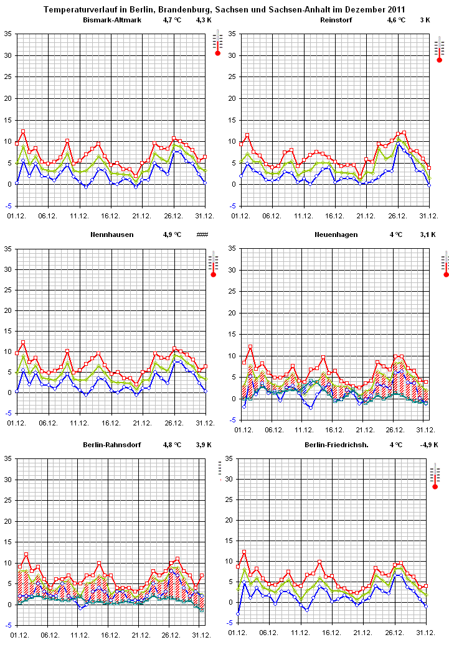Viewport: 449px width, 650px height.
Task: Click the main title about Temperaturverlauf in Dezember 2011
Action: pyautogui.click(x=225, y=10)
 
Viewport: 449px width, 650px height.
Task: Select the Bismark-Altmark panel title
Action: pyautogui.click(x=112, y=21)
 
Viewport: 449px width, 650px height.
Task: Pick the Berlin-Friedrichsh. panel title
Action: pyautogui.click(x=336, y=445)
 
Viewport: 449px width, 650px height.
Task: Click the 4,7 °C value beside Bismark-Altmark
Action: pyautogui.click(x=171, y=21)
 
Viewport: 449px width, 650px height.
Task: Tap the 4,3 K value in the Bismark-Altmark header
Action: pyautogui.click(x=204, y=21)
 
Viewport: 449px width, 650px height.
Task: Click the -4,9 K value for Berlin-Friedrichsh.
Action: pyautogui.click(x=428, y=445)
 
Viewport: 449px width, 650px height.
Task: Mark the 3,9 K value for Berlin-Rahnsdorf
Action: pyautogui.click(x=204, y=445)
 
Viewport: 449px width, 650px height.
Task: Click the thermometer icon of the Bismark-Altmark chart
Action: pyautogui.click(x=217, y=45)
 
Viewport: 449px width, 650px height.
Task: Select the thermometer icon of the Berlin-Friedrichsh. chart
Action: pyautogui.click(x=435, y=476)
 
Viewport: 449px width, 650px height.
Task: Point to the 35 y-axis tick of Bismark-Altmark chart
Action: pyautogui.click(x=7, y=34)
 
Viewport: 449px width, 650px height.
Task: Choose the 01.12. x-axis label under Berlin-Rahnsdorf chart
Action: pyautogui.click(x=19, y=634)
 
